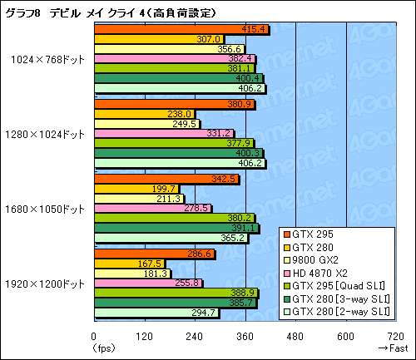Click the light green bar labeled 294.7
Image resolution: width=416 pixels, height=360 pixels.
tap(156, 313)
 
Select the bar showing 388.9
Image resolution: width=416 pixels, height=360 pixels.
tap(176, 293)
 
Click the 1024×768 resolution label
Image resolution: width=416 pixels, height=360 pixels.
tap(47, 59)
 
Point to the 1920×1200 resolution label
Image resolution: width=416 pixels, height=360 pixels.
tap(47, 284)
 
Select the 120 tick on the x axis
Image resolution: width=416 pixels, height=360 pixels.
tap(145, 336)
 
